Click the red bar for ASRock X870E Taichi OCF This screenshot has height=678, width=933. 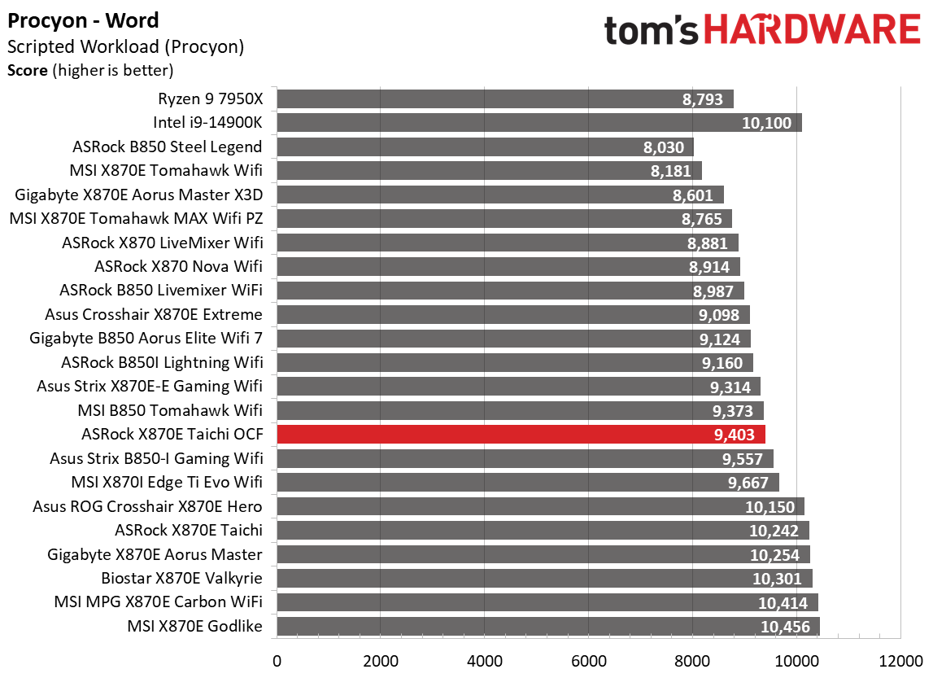[x=521, y=435]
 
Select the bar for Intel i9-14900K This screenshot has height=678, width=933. [x=538, y=123]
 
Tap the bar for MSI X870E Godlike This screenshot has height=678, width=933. [x=547, y=627]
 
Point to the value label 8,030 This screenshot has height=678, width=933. [x=666, y=147]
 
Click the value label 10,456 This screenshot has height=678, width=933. [x=786, y=627]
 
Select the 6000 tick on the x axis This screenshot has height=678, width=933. [x=588, y=659]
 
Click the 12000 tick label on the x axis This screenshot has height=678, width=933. [x=900, y=659]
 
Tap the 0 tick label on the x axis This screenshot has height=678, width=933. [x=277, y=659]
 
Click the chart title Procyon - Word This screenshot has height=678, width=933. [x=83, y=20]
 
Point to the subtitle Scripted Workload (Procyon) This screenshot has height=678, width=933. [x=125, y=46]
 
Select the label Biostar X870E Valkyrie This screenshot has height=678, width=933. [x=181, y=579]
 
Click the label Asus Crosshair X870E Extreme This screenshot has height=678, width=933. [x=154, y=315]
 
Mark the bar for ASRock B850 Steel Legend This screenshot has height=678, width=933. [x=485, y=147]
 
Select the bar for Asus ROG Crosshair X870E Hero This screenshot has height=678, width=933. [x=540, y=507]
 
